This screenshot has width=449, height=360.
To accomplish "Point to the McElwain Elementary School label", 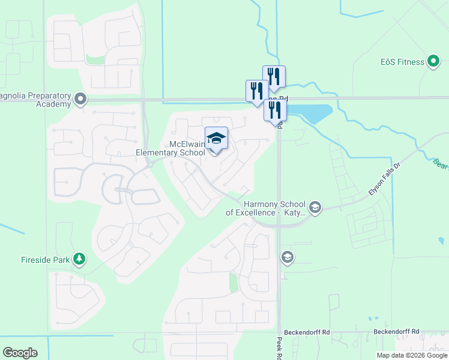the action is (x=170, y=148).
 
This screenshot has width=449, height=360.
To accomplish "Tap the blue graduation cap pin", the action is (x=216, y=140).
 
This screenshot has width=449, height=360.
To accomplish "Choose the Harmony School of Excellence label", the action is (x=266, y=208).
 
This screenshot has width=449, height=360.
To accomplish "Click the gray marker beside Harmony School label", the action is (x=316, y=208).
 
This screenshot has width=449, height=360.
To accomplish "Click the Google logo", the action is (x=20, y=353).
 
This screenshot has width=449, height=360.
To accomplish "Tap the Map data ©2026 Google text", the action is (x=412, y=355).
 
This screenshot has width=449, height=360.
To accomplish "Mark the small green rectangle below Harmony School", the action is (x=234, y=282).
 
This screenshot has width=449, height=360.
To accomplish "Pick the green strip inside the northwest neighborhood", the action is (x=94, y=59).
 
